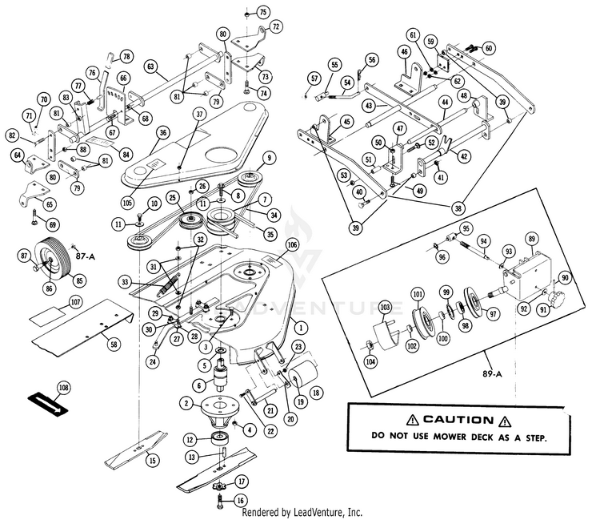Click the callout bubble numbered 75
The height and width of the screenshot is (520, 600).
pyautogui.click(x=264, y=12)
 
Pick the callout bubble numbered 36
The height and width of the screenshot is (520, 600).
pyautogui.click(x=162, y=132)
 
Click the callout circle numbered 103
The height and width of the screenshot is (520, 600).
pyautogui.click(x=385, y=307)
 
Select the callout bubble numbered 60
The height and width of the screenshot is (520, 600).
pyautogui.click(x=490, y=48)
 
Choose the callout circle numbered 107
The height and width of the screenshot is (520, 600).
pyautogui.click(x=76, y=302)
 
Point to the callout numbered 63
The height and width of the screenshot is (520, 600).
pyautogui.click(x=150, y=67)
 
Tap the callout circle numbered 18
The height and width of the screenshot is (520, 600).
pyautogui.click(x=316, y=393)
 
